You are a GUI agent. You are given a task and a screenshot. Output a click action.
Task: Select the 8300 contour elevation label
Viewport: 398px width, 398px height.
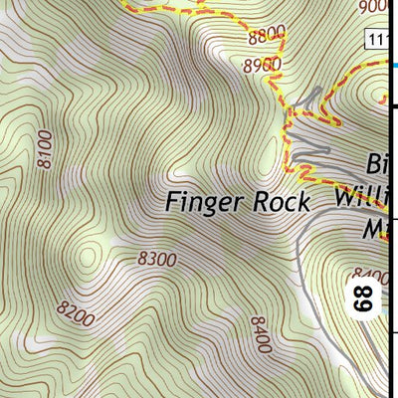point(157,260)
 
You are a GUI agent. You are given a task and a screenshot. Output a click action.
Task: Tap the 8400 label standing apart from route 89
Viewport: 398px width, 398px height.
point(260,335)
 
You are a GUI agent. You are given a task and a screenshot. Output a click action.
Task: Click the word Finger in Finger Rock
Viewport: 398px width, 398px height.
point(204,202)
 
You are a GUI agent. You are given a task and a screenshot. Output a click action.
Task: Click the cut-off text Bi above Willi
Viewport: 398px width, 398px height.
point(376,162)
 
